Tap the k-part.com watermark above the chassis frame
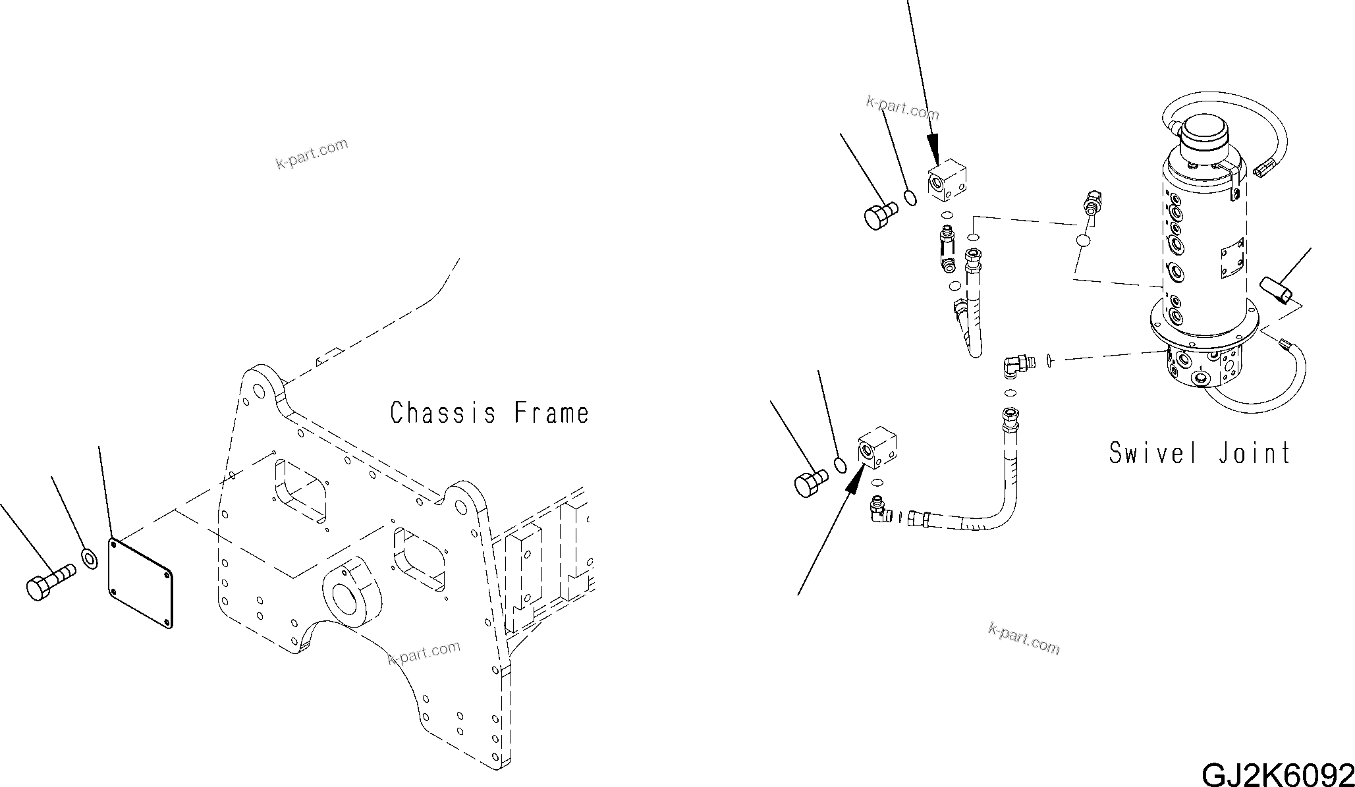tap(312, 153)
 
